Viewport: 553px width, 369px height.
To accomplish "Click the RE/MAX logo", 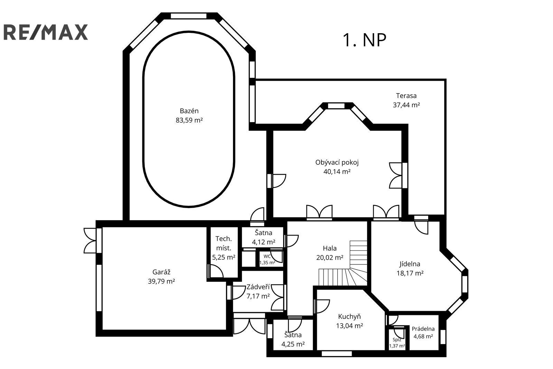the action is [x=46, y=32].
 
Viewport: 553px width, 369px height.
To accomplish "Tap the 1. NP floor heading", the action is [x=364, y=40].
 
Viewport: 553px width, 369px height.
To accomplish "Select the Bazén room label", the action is [x=189, y=111].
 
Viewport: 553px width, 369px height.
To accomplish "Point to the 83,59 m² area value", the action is [x=189, y=120].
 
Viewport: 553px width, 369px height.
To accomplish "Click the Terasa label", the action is [x=406, y=96].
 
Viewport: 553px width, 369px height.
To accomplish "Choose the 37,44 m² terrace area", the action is [x=406, y=105].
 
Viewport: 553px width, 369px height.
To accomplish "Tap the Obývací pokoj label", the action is [x=337, y=162].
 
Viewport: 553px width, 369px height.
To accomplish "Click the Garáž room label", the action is [x=161, y=272].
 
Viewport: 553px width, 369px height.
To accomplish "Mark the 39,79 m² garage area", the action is [x=161, y=281].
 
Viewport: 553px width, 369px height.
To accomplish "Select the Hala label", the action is [x=330, y=248].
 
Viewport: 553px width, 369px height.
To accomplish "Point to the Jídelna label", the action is [x=410, y=264].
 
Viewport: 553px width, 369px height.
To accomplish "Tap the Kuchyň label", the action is [x=349, y=316].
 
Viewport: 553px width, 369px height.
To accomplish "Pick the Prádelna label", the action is [x=423, y=329].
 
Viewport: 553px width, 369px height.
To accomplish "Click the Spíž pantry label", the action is [x=397, y=340].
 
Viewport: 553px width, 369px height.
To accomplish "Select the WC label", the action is [x=267, y=256].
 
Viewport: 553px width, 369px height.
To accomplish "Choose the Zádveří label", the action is [x=258, y=287].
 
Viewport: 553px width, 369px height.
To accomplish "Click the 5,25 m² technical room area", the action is [x=224, y=258].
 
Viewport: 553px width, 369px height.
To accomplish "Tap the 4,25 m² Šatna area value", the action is [x=293, y=344].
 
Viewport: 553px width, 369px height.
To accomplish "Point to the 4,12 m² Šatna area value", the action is [x=264, y=242].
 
